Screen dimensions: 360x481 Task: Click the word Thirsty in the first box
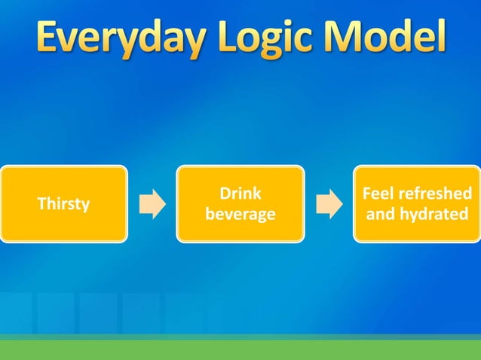pos(63,204)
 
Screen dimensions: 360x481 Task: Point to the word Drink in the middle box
pos(240,194)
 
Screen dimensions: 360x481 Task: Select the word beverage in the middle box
pos(240,215)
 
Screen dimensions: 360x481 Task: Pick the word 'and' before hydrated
pos(381,215)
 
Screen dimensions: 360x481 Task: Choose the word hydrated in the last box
pos(434,215)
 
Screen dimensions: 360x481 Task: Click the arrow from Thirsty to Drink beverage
pos(152,204)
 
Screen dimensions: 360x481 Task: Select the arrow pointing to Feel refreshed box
pos(329,204)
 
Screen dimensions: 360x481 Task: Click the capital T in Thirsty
pos(41,203)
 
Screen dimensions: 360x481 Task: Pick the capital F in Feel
pos(367,194)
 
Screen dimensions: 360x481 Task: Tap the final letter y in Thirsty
pos(86,206)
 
